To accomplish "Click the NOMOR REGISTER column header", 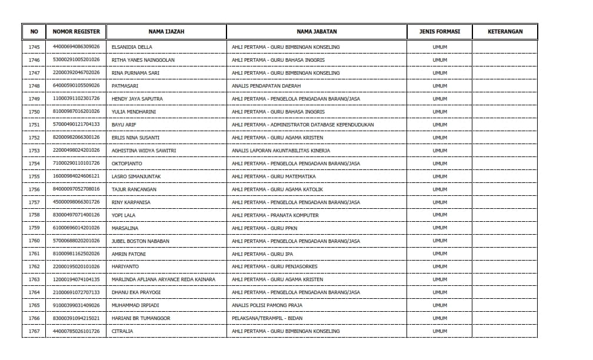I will click(76, 32).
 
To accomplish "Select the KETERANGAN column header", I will click(505, 32).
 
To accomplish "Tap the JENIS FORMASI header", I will click(439, 32).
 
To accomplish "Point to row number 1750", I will click(34, 112).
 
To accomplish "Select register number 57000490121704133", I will click(76, 125).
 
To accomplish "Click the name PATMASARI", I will click(125, 86).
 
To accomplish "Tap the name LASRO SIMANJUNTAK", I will click(136, 176).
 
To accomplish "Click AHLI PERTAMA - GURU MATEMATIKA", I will click(274, 176).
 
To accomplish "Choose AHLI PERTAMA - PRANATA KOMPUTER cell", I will click(275, 215).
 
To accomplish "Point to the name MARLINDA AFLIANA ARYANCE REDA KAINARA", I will click(164, 280).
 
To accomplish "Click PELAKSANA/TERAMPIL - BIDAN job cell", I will click(268, 319).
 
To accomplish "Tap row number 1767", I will click(34, 332).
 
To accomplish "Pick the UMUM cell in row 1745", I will click(439, 47).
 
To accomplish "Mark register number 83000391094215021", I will click(76, 319).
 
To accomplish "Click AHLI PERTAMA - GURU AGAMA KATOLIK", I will click(277, 189).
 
